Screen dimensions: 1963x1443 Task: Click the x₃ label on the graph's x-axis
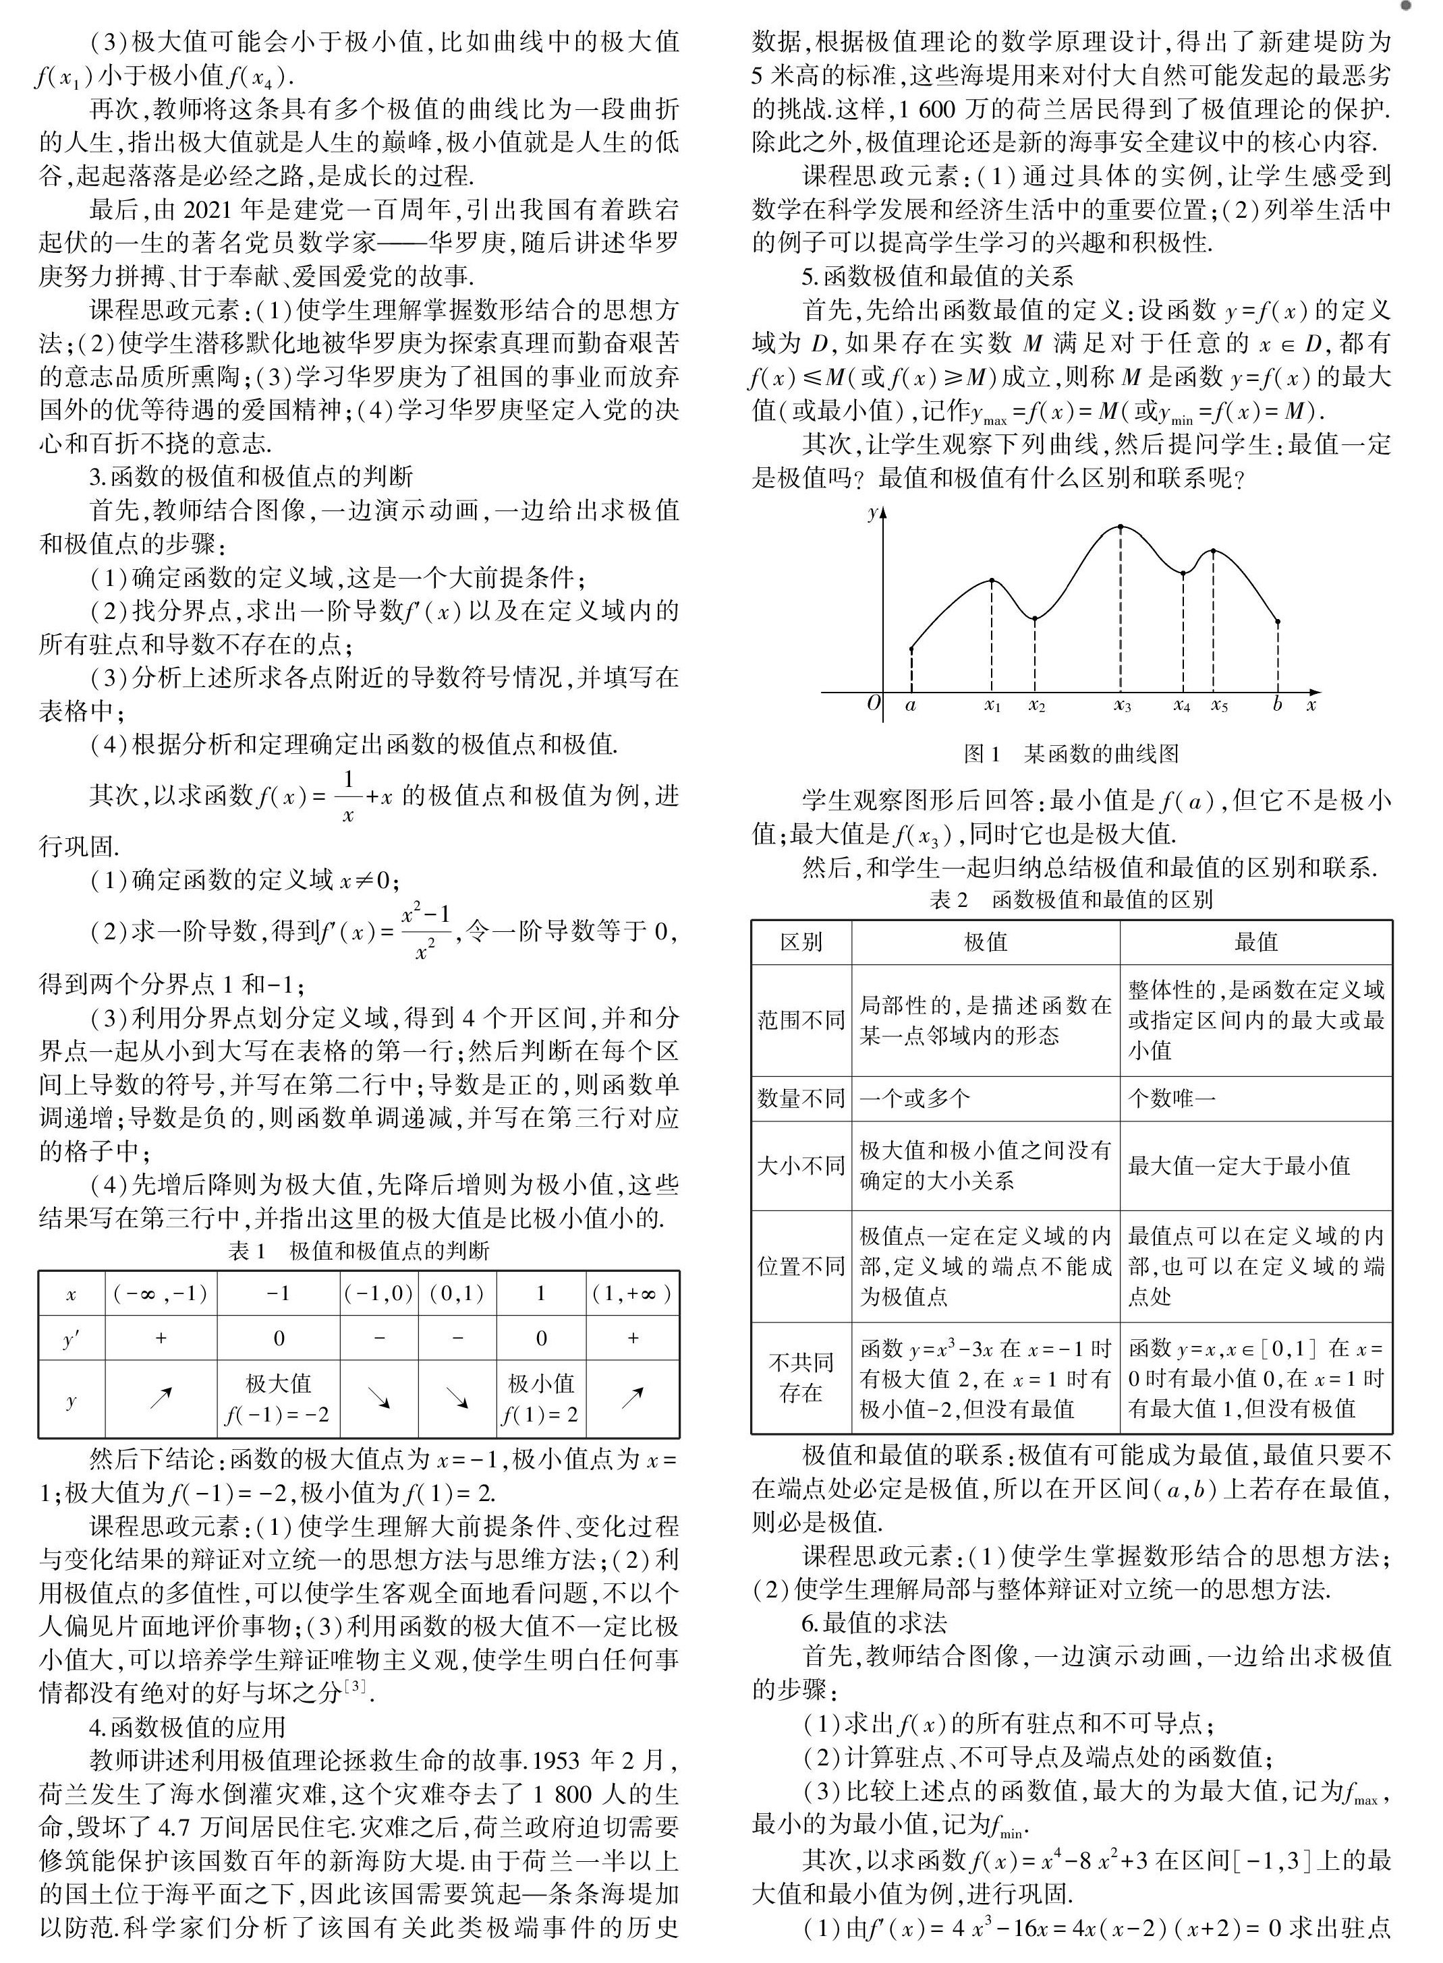click(1123, 705)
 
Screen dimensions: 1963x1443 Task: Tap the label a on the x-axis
click(910, 705)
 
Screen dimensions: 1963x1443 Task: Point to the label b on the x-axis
click(1277, 704)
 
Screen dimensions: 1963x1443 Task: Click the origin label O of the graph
click(872, 703)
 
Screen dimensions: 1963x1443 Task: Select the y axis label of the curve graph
click(872, 513)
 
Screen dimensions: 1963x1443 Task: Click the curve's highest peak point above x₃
click(1121, 527)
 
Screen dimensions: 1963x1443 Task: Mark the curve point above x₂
click(1035, 619)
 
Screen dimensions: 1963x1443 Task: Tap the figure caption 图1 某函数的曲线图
click(1071, 754)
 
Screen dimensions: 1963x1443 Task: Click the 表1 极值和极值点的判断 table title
click(359, 1252)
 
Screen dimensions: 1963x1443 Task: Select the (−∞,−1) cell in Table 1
click(161, 1293)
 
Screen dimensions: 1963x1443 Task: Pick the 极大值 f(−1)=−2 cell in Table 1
click(278, 1398)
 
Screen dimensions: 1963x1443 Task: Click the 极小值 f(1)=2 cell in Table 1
click(540, 1398)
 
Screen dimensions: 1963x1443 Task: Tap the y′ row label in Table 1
click(72, 1338)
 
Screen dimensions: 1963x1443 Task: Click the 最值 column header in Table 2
click(1256, 941)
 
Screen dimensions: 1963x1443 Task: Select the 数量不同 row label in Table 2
click(801, 1098)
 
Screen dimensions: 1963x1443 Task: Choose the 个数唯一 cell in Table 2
click(1170, 1098)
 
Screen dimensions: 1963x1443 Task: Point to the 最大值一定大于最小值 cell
click(1239, 1166)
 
